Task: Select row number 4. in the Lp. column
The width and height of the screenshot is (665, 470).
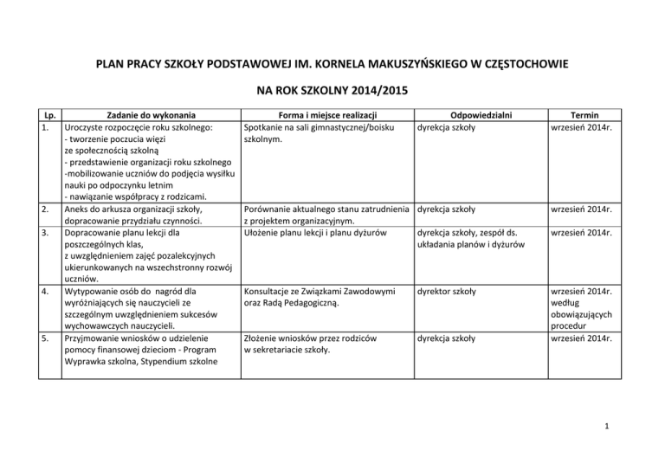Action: pos(48,292)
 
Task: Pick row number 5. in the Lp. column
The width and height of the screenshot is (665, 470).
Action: pos(48,340)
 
